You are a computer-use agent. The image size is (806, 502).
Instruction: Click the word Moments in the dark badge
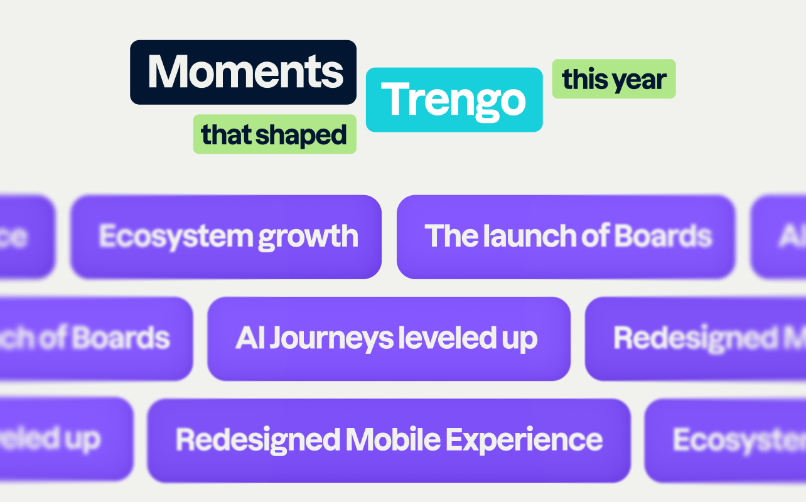point(245,72)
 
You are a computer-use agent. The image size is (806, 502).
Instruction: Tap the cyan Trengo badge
point(453,100)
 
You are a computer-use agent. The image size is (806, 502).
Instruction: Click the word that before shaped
point(226,135)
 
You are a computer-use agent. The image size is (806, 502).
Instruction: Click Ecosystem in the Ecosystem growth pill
point(175,237)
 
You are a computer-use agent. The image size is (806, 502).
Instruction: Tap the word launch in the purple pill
point(530,236)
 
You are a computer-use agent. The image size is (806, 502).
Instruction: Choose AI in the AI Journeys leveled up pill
point(249,339)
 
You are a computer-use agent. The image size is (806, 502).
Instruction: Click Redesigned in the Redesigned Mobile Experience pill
point(258,440)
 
